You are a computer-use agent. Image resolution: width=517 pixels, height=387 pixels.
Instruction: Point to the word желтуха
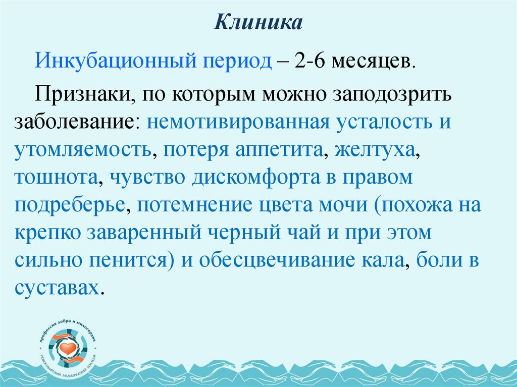(x=378, y=150)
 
